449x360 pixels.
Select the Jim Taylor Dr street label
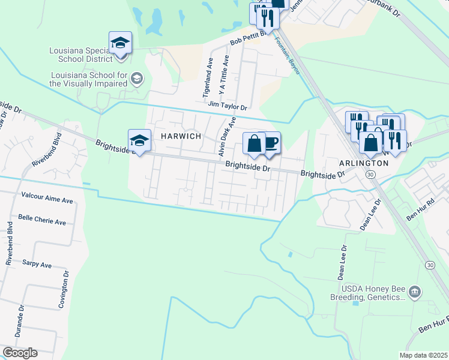pyautogui.click(x=228, y=106)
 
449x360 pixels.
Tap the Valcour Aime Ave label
pyautogui.click(x=46, y=196)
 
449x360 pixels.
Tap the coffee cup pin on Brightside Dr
pyautogui.click(x=271, y=143)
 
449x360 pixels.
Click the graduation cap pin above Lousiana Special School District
pyautogui.click(x=121, y=43)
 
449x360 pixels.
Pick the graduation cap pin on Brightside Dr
pyautogui.click(x=139, y=142)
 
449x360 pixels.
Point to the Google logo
pyautogui.click(x=20, y=353)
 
